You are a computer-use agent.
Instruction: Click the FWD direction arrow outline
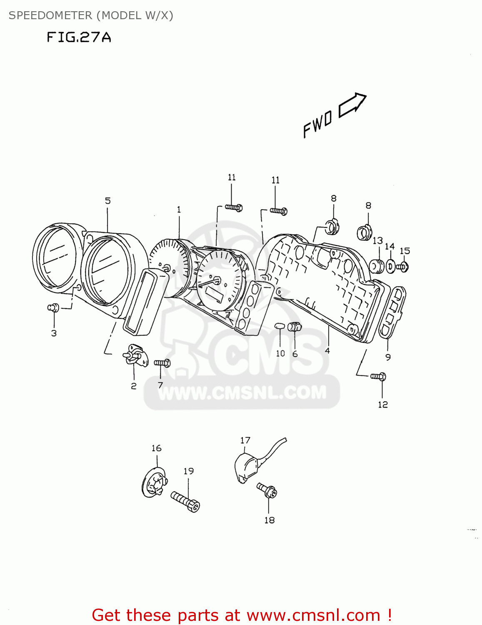[352, 105]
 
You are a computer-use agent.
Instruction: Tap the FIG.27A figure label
[79, 37]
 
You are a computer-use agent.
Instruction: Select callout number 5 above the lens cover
[108, 201]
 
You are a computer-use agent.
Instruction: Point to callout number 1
[179, 210]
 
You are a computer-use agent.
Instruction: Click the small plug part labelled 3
[53, 307]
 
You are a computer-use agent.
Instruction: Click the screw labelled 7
[162, 363]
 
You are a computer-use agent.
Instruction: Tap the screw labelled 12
[379, 377]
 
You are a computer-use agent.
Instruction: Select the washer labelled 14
[390, 266]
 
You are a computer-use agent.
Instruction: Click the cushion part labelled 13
[377, 266]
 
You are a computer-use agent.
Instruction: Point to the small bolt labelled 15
[403, 266]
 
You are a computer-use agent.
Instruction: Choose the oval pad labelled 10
[279, 325]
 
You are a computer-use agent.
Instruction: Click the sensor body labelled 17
[247, 467]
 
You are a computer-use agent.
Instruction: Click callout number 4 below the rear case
[327, 351]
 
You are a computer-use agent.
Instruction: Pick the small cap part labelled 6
[295, 327]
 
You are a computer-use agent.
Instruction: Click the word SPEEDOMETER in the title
[50, 15]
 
